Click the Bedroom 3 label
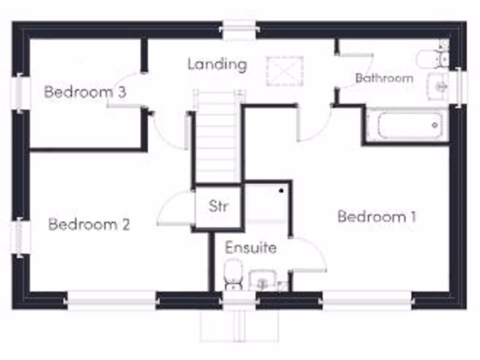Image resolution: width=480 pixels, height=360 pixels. (x=85, y=92)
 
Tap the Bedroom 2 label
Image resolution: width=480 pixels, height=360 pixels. (x=89, y=225)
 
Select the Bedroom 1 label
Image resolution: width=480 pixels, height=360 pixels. (x=377, y=217)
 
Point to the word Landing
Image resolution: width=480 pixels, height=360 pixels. (x=217, y=64)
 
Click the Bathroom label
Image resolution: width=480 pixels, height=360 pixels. (x=384, y=78)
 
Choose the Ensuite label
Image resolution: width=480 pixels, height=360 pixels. (x=251, y=247)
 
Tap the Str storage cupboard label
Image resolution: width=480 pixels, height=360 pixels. (x=218, y=206)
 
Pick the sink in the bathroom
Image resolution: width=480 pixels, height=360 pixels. (x=438, y=86)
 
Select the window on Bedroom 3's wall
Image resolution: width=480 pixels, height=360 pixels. (x=20, y=92)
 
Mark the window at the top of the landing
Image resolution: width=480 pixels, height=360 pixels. (x=239, y=30)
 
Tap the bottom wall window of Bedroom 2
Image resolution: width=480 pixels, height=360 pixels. (x=111, y=300)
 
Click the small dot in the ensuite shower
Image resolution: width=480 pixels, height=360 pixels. (x=281, y=191)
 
